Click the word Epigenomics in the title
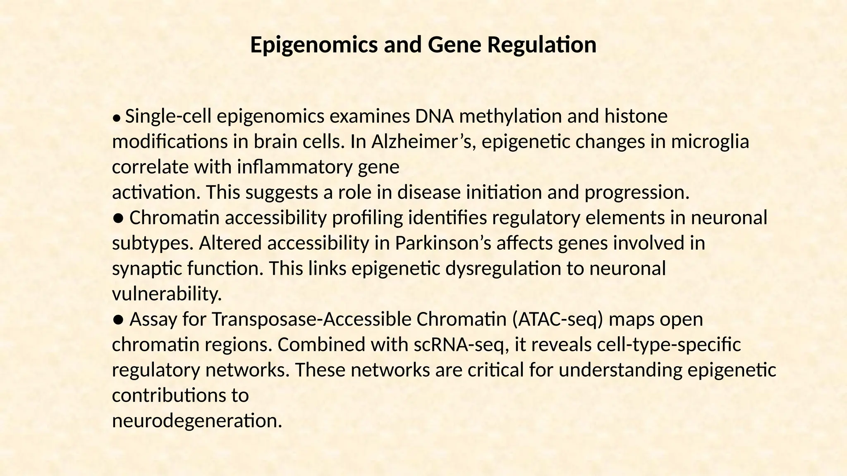(314, 45)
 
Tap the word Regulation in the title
(542, 45)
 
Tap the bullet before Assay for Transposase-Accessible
(118, 320)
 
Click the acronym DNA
(434, 117)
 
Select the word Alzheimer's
(424, 142)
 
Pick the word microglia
(710, 142)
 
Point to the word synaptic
(147, 269)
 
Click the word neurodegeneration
(197, 421)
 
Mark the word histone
(636, 117)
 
